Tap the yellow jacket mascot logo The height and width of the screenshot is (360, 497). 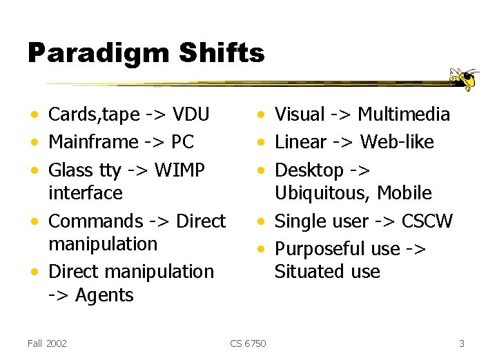tap(463, 79)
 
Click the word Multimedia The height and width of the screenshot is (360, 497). tap(404, 114)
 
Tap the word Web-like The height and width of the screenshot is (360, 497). tap(397, 142)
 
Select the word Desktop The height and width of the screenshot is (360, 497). tap(309, 170)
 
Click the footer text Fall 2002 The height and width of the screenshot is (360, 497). tap(48, 343)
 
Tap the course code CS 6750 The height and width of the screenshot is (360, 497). tap(248, 343)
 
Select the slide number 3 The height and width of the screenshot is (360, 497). tap(462, 343)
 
